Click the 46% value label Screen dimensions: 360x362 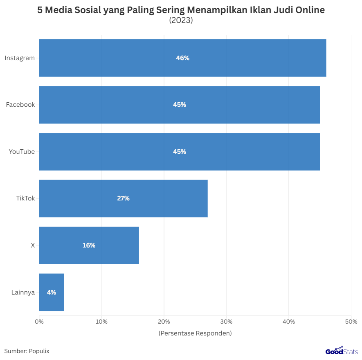[x=182, y=58]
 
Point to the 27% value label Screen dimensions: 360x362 [x=123, y=198]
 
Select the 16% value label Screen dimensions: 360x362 [x=89, y=245]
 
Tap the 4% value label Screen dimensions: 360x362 [x=52, y=292]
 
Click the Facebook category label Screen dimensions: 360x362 [x=20, y=105]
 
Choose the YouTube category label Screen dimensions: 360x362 [x=22, y=152]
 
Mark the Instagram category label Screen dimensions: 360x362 [x=20, y=58]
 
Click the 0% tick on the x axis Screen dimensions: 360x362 [x=39, y=322]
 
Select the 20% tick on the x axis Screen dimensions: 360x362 [x=164, y=322]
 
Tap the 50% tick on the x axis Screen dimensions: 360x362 [x=351, y=322]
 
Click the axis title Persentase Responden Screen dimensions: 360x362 [x=195, y=333]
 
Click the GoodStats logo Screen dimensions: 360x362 [x=342, y=351]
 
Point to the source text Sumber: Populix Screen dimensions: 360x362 [x=27, y=351]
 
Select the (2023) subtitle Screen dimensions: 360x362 [x=181, y=20]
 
